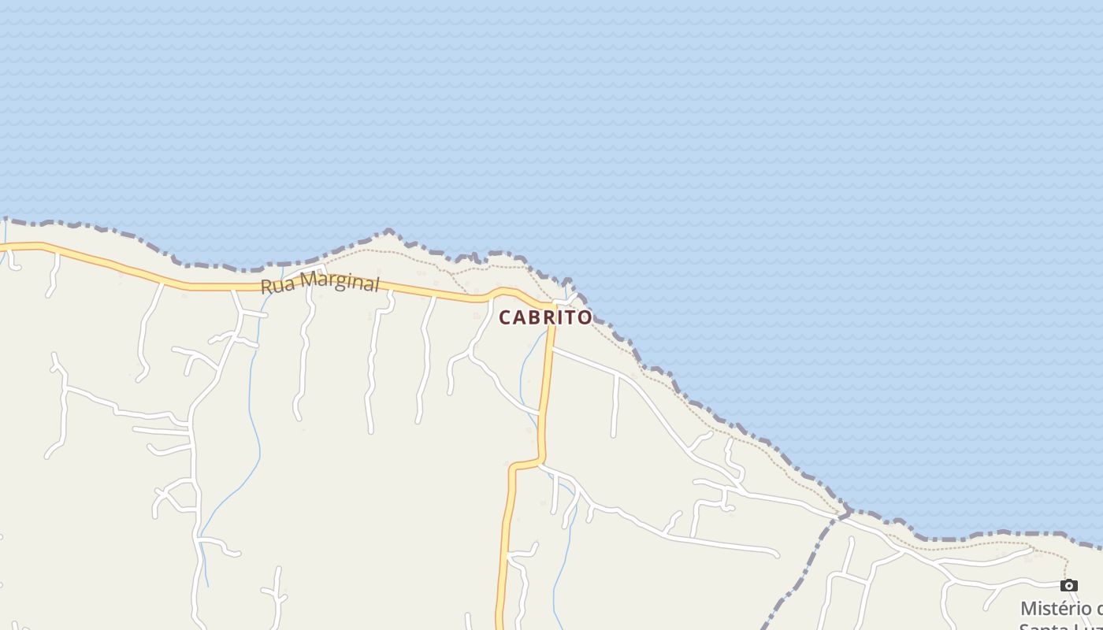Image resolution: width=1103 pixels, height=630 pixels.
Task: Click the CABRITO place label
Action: [x=545, y=317]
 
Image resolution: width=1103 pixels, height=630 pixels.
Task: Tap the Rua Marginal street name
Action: [x=320, y=282]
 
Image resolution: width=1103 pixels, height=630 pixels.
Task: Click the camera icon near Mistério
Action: [x=1068, y=585]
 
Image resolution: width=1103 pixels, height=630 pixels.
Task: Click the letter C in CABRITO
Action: [x=506, y=317]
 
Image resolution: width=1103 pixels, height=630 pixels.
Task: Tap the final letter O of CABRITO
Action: [x=585, y=317]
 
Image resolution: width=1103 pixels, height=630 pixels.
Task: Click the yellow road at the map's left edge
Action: [x=2, y=247]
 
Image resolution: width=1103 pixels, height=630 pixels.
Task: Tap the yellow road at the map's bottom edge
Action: [x=500, y=627]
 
